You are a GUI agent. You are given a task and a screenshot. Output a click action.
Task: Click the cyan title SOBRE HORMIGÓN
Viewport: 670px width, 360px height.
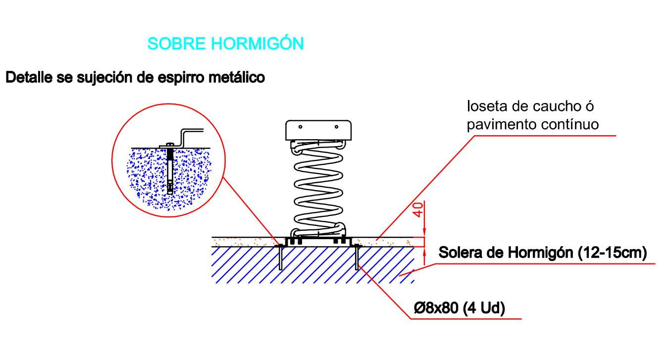226,43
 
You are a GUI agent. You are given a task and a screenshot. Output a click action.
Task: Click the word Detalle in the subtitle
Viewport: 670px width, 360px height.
29,77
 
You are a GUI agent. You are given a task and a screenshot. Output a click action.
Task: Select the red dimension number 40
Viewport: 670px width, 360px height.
418,209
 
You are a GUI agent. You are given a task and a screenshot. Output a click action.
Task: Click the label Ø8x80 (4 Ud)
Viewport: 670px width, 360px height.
460,308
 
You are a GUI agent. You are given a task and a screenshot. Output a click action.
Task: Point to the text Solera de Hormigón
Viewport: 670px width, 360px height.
506,253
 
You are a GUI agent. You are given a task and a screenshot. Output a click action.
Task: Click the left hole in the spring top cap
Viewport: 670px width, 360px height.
300,127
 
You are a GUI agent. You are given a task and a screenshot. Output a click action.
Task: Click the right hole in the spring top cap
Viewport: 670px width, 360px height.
337,127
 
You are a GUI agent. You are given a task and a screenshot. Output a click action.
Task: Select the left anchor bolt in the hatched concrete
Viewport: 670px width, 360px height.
281,257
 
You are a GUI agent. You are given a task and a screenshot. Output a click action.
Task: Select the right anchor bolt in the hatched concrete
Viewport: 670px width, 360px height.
357,257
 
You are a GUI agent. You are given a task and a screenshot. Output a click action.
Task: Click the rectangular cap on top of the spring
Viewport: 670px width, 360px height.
318,130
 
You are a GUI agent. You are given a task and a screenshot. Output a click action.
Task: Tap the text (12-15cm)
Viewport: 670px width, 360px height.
612,253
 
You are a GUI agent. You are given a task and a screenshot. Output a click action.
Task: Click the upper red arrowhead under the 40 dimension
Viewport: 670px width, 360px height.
424,233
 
